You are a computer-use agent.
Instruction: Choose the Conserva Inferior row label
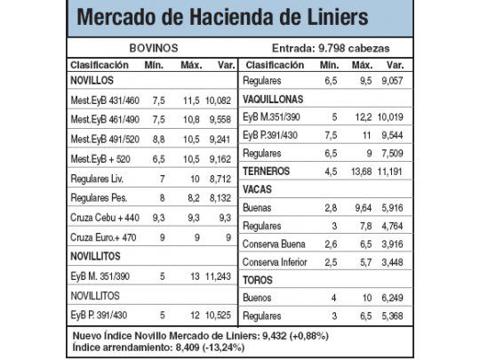tap(281, 262)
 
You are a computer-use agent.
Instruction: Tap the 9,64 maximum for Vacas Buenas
tap(362, 208)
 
